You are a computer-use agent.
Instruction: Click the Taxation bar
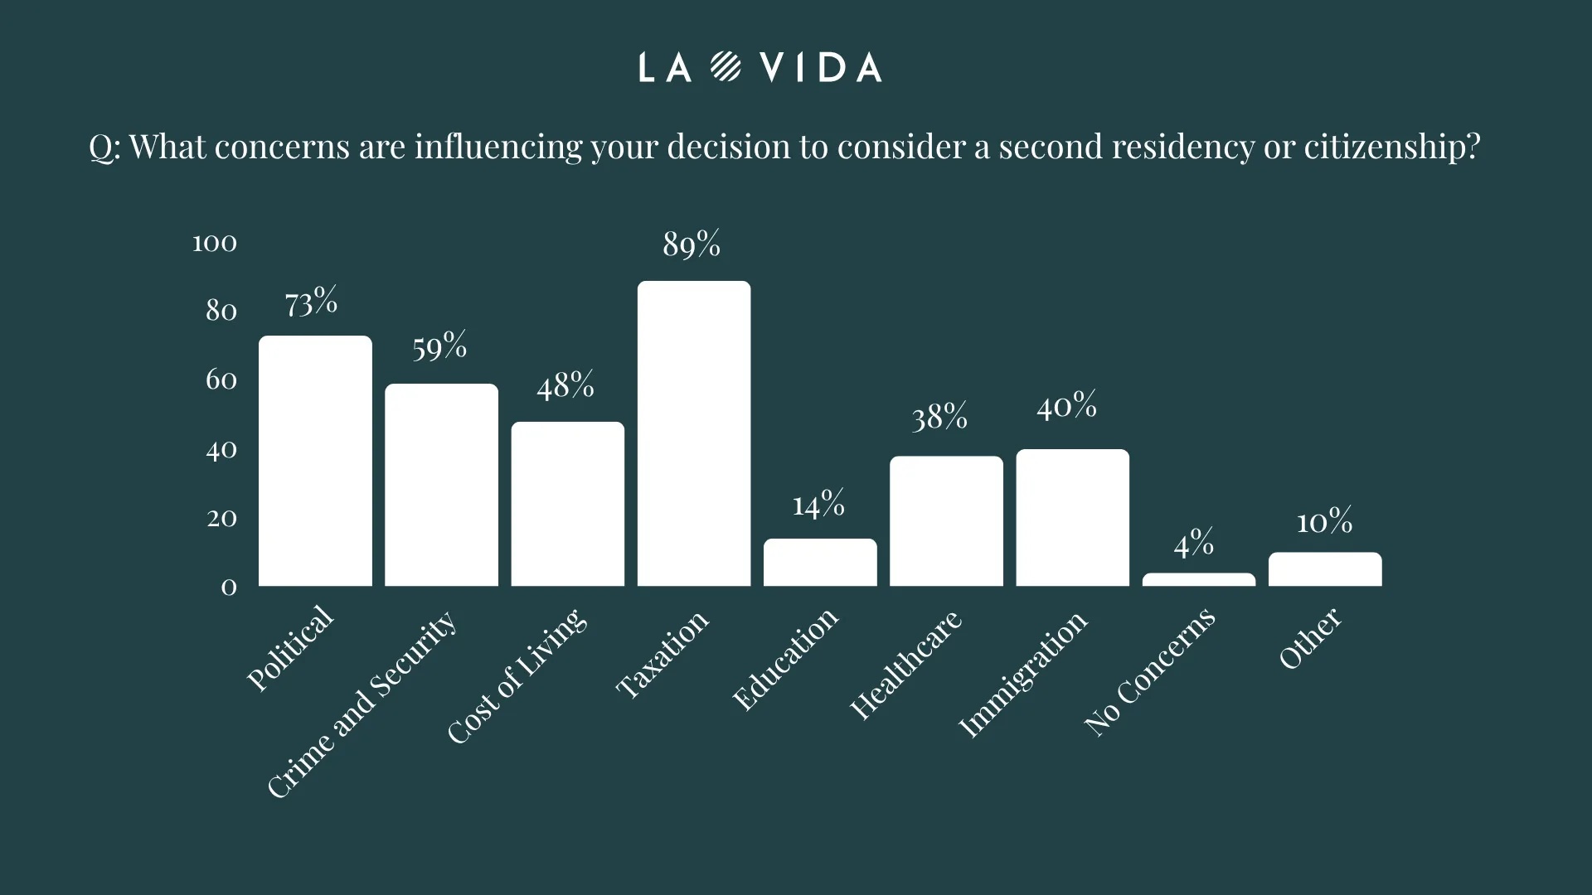[694, 433]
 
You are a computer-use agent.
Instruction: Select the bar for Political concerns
[315, 461]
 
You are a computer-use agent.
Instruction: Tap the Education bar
[820, 563]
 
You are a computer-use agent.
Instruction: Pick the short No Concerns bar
[1198, 579]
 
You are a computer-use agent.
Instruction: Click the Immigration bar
[1072, 518]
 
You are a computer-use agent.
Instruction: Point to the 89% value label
[692, 244]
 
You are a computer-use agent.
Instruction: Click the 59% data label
[439, 346]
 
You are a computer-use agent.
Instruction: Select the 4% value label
[1193, 544]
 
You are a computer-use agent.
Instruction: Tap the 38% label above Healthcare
[939, 417]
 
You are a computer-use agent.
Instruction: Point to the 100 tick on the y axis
[215, 243]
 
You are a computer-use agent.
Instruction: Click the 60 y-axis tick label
[221, 380]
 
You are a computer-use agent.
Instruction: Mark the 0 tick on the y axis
[229, 588]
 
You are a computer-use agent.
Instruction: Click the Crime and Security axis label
[362, 704]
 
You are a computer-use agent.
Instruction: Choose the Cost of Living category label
[517, 676]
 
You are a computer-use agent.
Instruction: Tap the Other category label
[1309, 638]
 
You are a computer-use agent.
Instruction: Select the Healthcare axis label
[905, 665]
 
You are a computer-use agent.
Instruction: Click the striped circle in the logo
[726, 67]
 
